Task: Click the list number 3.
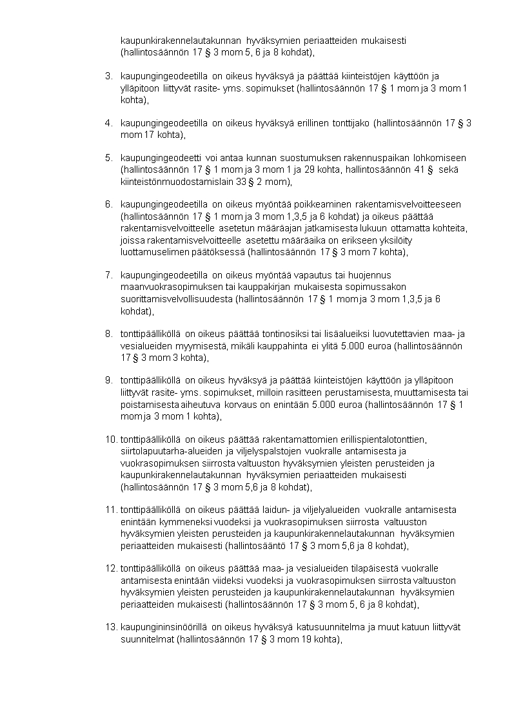tap(108, 77)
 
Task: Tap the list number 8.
tap(108, 334)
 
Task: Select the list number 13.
tap(110, 627)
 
